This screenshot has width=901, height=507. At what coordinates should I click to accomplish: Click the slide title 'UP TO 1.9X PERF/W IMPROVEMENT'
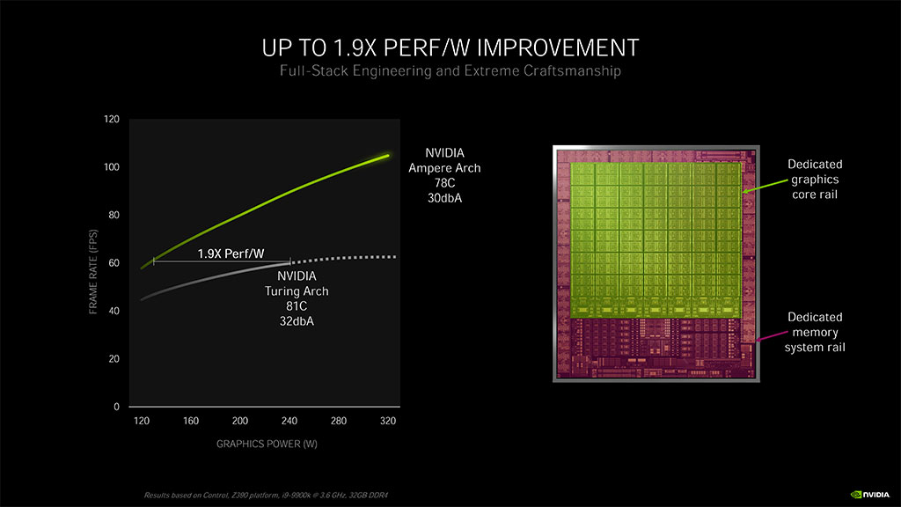[x=450, y=46]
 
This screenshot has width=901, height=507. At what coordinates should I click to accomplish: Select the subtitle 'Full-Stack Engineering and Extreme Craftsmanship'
[x=450, y=71]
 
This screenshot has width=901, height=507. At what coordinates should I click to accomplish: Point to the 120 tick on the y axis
[x=113, y=119]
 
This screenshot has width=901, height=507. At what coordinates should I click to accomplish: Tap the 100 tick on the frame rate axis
[x=113, y=167]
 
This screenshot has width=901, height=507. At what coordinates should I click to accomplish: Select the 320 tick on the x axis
[x=387, y=422]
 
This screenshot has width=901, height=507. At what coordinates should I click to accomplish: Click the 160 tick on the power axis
[x=190, y=422]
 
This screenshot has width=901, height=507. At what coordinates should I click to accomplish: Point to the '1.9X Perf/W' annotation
[x=231, y=253]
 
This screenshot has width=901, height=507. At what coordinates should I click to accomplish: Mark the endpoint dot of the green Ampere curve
[x=386, y=156]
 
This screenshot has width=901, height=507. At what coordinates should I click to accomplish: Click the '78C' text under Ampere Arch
[x=444, y=183]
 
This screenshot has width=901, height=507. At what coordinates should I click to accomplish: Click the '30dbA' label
[x=444, y=198]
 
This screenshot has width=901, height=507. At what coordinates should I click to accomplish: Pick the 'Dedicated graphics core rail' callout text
[x=815, y=180]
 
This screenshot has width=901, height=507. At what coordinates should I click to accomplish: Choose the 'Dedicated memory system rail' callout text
[x=815, y=332]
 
